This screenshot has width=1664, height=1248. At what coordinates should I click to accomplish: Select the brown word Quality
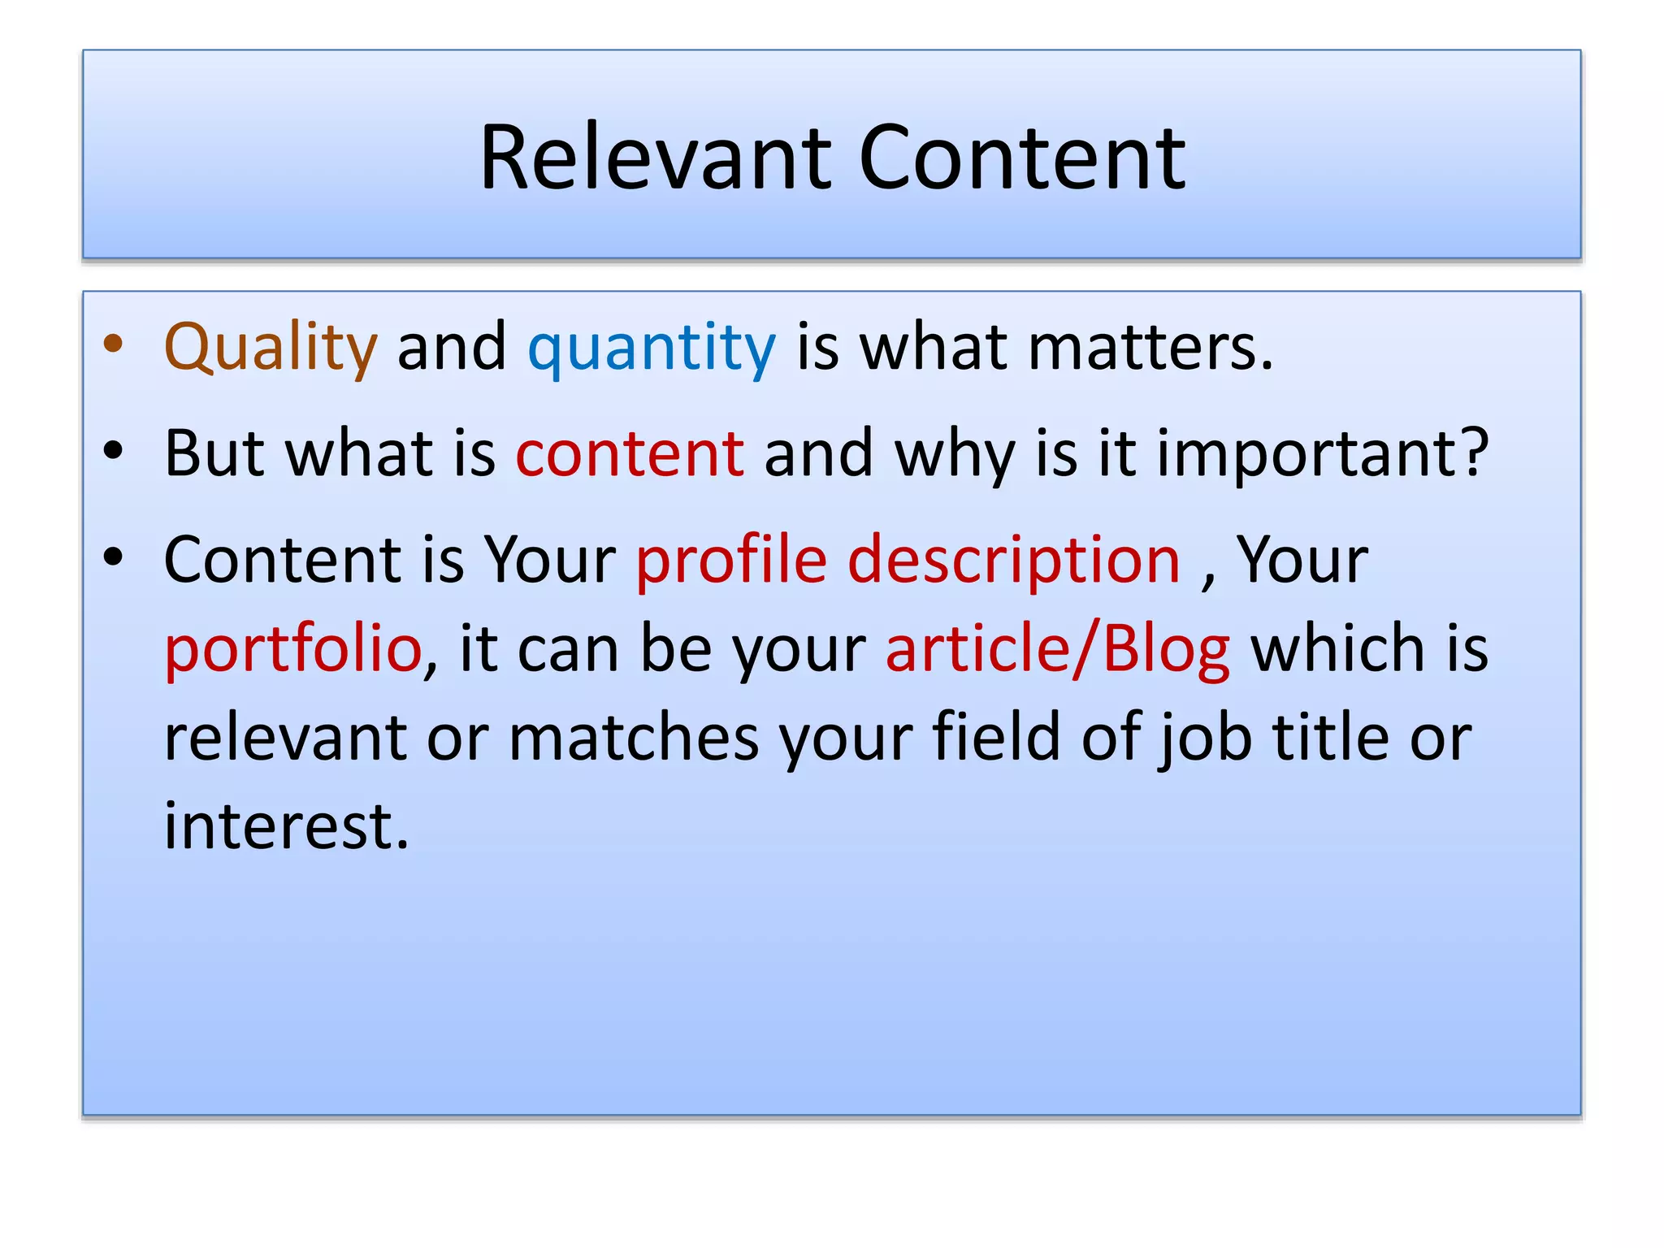[271, 348]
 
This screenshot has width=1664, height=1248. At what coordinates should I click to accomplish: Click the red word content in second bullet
[630, 453]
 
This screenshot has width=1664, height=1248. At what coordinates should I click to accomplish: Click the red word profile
[730, 560]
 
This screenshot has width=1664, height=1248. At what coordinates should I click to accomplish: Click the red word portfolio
[292, 650]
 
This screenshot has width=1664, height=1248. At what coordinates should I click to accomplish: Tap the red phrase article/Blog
[1057, 650]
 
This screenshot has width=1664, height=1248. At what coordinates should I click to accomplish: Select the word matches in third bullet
[634, 738]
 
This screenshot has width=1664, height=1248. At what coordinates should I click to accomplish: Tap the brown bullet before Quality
[114, 344]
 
